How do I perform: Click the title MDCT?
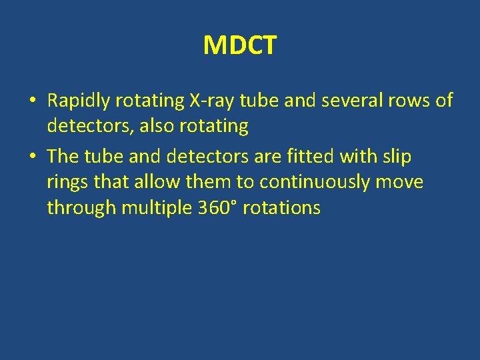(239, 46)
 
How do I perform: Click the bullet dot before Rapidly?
(32, 101)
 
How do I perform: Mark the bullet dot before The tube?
(32, 157)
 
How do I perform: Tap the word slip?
(397, 157)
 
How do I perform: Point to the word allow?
(157, 182)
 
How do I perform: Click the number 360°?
(218, 207)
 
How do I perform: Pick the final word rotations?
(281, 208)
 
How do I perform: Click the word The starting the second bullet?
(63, 157)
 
